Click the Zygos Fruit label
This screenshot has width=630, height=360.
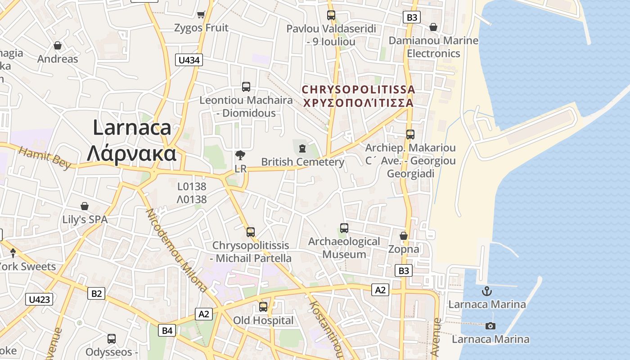(x=201, y=28)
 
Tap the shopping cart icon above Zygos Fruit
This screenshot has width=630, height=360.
(x=201, y=15)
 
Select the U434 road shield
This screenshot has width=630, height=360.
(x=189, y=60)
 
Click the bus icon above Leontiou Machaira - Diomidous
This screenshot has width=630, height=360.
(x=246, y=87)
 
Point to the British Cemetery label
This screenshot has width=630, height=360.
(x=303, y=162)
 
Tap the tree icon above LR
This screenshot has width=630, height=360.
(x=240, y=156)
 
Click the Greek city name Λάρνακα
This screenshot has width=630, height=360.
(x=131, y=154)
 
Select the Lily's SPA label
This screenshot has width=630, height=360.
(x=85, y=220)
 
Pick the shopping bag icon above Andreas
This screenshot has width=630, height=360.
(x=58, y=45)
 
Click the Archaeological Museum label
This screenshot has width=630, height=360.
(x=344, y=248)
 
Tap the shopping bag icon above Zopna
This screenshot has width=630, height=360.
(x=404, y=236)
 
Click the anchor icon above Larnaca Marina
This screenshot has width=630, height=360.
(x=487, y=291)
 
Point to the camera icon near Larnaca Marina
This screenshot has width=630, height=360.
(x=490, y=326)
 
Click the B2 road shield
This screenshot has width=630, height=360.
(x=96, y=294)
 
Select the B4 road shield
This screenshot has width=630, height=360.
(x=167, y=331)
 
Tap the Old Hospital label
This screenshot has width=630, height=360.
(x=263, y=320)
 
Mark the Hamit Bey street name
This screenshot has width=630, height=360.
(x=45, y=158)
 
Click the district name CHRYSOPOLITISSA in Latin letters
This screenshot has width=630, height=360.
(x=358, y=90)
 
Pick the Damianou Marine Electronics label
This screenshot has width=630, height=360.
(x=433, y=47)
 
